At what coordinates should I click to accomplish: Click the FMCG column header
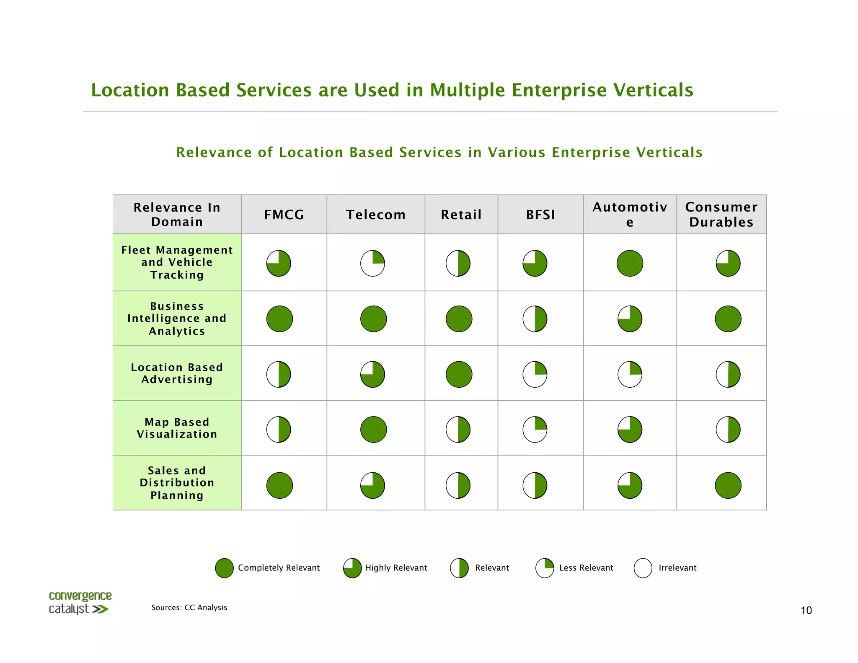(284, 215)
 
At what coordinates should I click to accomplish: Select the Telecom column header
(375, 215)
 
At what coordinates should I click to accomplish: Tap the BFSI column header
(540, 215)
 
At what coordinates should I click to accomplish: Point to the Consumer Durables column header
(721, 214)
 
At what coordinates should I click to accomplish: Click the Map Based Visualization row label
(177, 428)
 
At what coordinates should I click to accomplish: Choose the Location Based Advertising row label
(177, 373)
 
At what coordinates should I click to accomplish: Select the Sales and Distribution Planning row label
(177, 482)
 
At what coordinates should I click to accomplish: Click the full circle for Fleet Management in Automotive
(630, 263)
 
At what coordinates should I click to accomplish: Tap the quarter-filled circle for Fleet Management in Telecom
(372, 263)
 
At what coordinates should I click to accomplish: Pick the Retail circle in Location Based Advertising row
(459, 374)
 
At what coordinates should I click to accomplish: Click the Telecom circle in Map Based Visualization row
(373, 429)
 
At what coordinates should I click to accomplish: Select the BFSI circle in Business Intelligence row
(535, 319)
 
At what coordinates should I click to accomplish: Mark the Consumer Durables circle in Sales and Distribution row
(728, 485)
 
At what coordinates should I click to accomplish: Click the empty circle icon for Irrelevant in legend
(643, 568)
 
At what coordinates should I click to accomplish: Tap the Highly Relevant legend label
(395, 568)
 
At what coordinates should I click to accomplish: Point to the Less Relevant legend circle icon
(545, 568)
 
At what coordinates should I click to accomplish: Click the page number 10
(806, 610)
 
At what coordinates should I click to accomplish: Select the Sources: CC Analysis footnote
(189, 607)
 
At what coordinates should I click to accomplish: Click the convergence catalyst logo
(80, 603)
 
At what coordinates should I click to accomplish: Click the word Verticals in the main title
(653, 90)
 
